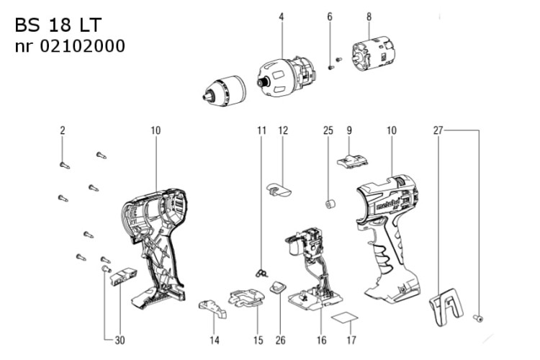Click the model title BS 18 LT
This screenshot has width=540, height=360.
tap(58, 24)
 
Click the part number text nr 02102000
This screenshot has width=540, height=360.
tap(70, 46)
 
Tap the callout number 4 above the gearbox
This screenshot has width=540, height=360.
tap(282, 17)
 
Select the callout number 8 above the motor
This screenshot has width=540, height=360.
tap(369, 17)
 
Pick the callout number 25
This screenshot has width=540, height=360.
tap(328, 130)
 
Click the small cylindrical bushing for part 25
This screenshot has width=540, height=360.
tap(330, 204)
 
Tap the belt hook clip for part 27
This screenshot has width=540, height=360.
tap(446, 307)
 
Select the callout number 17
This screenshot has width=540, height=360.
tap(351, 341)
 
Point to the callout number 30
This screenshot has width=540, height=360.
tap(120, 341)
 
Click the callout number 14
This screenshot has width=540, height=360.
tap(215, 341)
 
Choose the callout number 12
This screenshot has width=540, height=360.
tap(283, 130)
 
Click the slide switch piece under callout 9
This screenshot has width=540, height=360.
tap(352, 161)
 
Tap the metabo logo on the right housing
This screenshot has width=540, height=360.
tap(388, 204)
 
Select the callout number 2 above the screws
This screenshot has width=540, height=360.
tap(63, 130)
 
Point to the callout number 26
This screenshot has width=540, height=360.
tap(280, 341)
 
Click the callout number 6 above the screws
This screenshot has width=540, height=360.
tap(330, 17)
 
